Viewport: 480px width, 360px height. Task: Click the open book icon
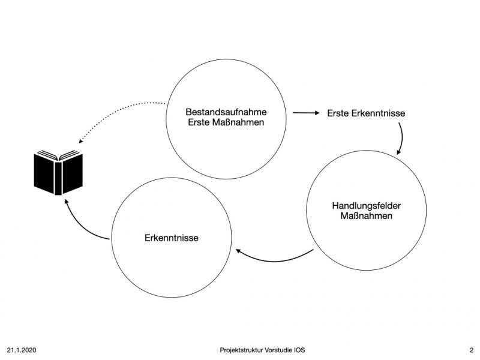point(58,172)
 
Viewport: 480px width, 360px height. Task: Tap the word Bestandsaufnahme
point(226,112)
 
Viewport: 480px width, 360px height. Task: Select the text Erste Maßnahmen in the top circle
point(226,122)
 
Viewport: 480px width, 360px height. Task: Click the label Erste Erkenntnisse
point(366,113)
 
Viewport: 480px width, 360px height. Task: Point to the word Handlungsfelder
point(367,205)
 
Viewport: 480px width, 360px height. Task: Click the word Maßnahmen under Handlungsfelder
point(367,216)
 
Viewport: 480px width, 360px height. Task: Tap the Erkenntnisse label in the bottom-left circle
point(172,238)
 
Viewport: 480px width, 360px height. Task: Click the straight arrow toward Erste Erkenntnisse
point(306,113)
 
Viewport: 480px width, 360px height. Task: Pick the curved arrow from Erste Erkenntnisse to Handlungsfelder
point(402,138)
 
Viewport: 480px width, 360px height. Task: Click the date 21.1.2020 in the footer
point(22,350)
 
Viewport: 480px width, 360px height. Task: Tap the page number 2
point(472,350)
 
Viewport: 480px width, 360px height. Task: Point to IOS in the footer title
point(299,350)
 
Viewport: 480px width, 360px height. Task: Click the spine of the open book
point(58,178)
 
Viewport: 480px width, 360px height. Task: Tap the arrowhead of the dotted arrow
point(80,141)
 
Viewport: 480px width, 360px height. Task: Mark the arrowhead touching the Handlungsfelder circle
point(398,152)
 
